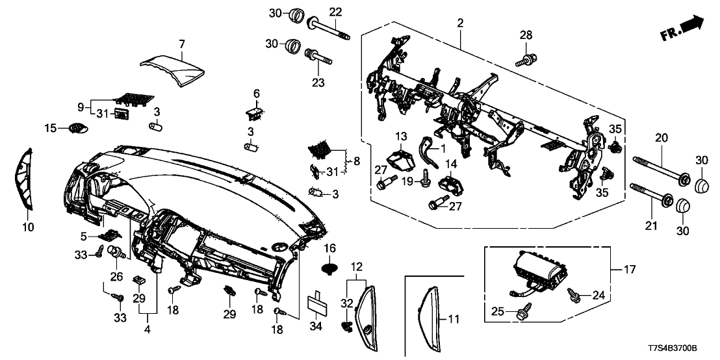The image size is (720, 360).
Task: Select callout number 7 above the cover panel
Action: pos(182,44)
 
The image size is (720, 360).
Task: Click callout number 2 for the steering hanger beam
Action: pos(460,23)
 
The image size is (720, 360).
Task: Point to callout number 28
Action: pos(525,34)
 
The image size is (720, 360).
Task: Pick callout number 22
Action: pos(335,11)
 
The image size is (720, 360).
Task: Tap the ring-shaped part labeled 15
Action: pos(77,127)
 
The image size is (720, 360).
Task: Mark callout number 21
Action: pos(650,225)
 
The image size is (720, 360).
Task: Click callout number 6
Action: pos(256,93)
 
